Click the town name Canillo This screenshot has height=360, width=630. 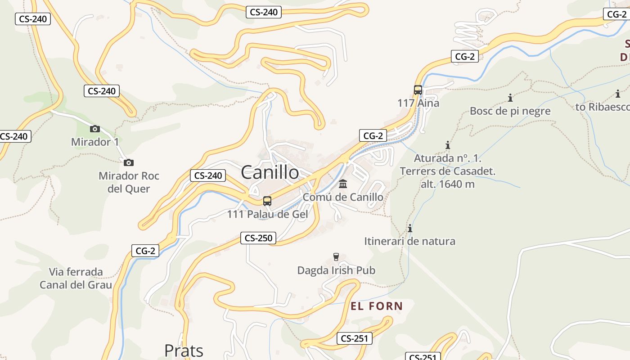270,172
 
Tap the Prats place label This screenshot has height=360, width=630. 184,350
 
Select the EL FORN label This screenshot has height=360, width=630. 377,306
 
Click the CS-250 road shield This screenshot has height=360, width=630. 258,238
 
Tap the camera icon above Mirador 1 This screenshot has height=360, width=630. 94,129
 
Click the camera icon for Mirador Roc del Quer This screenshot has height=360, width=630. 129,162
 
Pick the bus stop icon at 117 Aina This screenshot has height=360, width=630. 418,90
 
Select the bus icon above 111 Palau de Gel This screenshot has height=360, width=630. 267,201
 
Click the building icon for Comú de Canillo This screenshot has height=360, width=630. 343,184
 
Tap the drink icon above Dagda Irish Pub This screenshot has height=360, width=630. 336,257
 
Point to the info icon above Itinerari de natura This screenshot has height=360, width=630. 410,228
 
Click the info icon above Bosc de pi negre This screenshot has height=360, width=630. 510,98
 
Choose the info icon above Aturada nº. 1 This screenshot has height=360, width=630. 448,145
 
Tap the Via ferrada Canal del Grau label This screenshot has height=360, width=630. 76,278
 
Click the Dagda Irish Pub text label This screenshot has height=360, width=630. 336,270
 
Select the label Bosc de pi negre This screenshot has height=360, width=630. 510,111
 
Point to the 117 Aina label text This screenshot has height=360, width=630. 418,103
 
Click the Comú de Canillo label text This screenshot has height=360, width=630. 343,197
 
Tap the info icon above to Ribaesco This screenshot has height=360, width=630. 618,94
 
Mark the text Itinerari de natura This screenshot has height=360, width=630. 409,241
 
